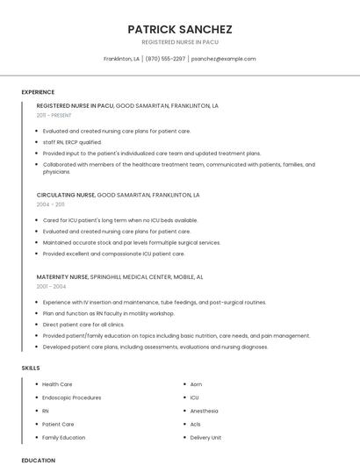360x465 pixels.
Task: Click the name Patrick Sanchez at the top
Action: [x=180, y=29]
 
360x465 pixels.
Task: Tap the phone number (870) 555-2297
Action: [x=165, y=59]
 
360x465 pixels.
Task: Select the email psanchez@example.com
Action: [x=223, y=59]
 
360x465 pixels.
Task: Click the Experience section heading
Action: [x=38, y=92]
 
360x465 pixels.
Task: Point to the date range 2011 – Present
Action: [x=54, y=115]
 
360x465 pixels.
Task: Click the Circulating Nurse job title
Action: [x=66, y=195]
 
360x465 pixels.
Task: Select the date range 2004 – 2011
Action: [x=51, y=204]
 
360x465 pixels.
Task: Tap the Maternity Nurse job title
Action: [x=62, y=276]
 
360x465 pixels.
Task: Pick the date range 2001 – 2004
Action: [x=51, y=286]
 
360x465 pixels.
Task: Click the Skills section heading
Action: [x=31, y=368]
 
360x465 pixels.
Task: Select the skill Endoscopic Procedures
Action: [x=72, y=397]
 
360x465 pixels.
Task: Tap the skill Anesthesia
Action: [x=204, y=411]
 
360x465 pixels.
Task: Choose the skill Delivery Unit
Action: [x=205, y=437]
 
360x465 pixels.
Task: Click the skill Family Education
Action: [x=64, y=437]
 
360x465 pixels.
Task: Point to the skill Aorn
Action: [x=196, y=384]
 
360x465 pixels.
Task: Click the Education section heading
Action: [x=38, y=460]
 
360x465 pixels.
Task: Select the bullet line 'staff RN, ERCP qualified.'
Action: [x=72, y=141]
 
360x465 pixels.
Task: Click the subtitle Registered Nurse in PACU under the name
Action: [x=180, y=42]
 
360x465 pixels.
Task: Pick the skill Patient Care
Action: [x=58, y=424]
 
